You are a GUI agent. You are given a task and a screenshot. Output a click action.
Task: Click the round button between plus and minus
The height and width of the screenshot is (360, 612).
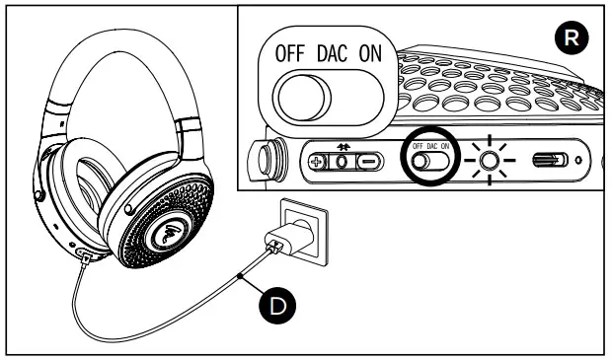click(x=343, y=161)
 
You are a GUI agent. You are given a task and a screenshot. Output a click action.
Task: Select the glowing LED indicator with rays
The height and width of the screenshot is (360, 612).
click(x=487, y=161)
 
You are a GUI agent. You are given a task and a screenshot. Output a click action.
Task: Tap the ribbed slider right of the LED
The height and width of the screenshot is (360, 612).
click(x=549, y=161)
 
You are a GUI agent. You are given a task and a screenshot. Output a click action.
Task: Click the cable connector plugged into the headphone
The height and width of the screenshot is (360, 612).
click(x=86, y=254)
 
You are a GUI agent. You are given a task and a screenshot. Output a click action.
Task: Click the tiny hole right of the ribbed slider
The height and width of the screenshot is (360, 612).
click(x=578, y=161)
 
